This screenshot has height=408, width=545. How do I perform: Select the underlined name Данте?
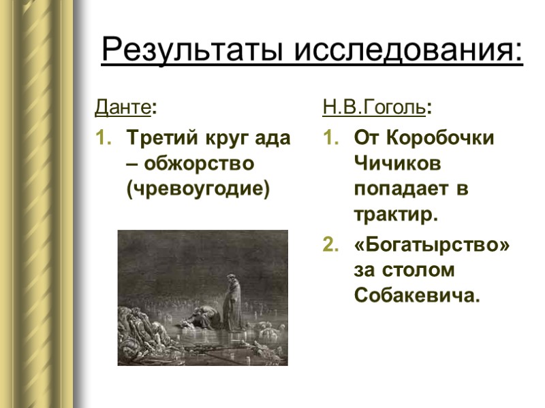tap(123, 108)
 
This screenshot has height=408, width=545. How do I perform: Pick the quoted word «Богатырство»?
tap(432, 244)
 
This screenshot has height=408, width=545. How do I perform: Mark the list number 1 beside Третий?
tap(101, 138)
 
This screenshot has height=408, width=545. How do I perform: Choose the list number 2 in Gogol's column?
tap(329, 244)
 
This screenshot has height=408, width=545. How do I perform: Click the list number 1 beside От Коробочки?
tap(329, 138)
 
